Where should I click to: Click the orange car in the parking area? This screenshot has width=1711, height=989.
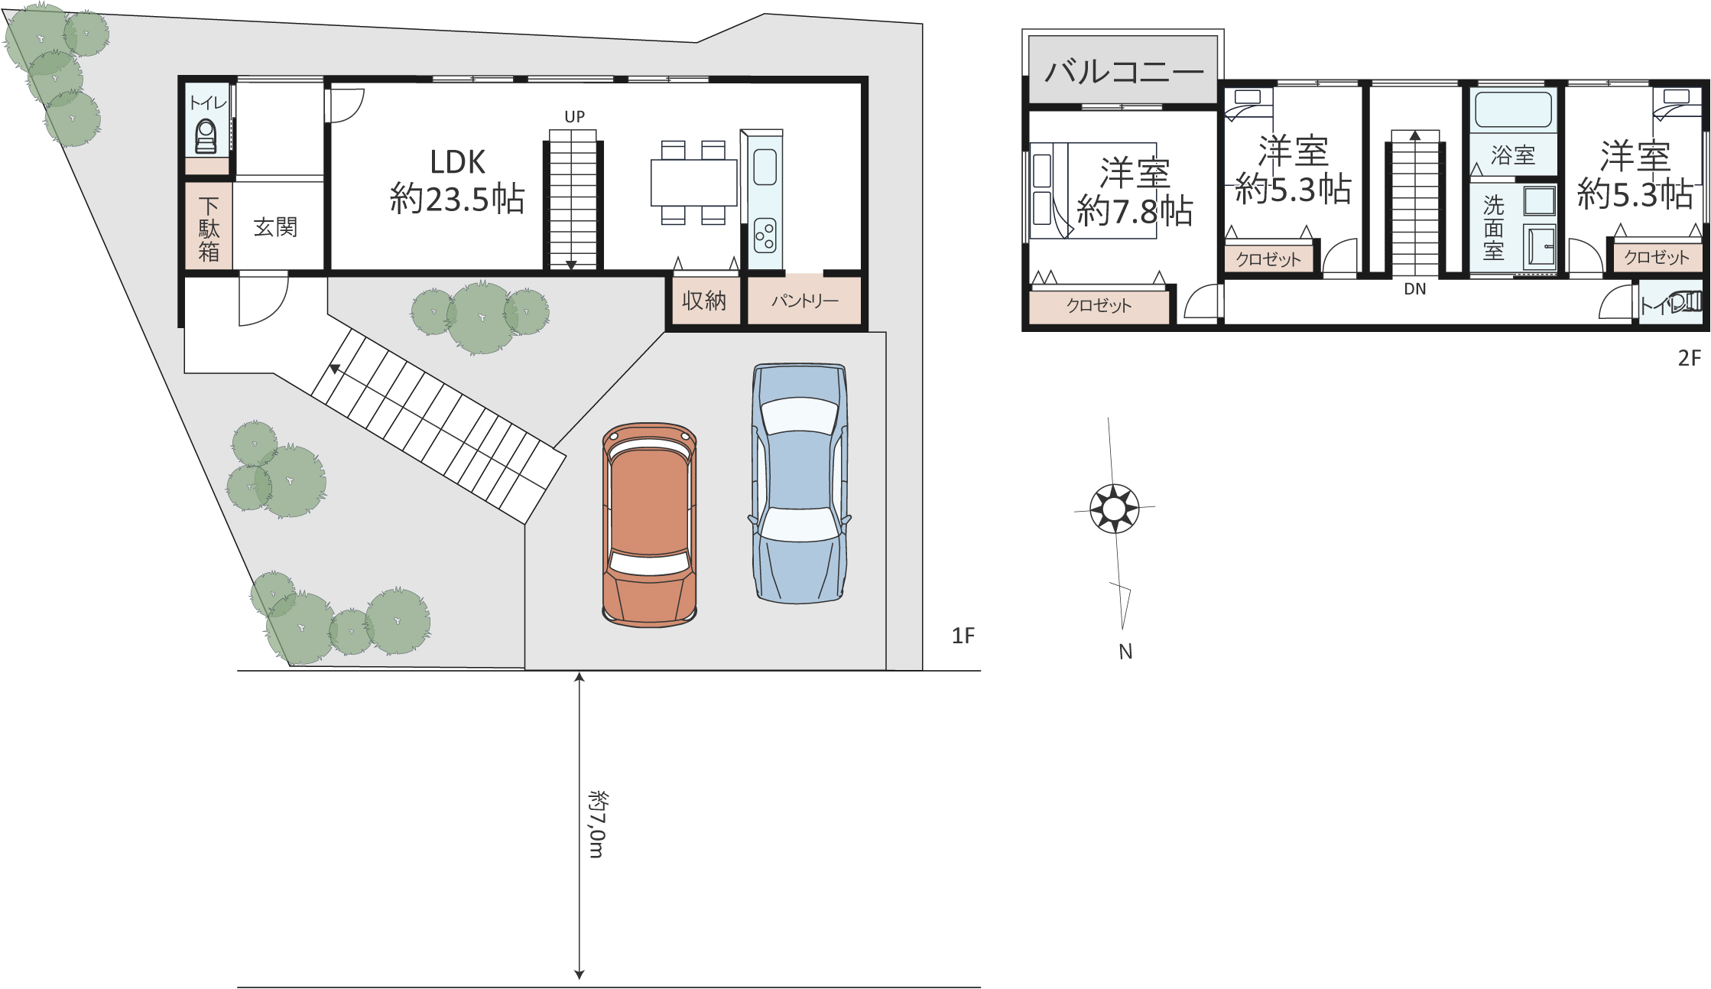coord(650,525)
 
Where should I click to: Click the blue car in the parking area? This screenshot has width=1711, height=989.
coord(800,483)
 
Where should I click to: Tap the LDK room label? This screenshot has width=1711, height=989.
coord(457,181)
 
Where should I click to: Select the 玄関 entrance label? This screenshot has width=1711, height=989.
coord(275,227)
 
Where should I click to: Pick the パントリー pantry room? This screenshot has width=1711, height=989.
coord(804,301)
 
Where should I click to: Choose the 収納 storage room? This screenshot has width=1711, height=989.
coord(704,301)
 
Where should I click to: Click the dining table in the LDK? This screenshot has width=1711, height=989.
coord(694,183)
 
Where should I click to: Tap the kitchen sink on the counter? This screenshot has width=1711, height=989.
coord(765,168)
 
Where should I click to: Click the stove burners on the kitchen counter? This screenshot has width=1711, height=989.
coord(765,236)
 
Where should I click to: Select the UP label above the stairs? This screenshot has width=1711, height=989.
coord(575,117)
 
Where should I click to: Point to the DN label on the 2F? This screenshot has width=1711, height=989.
coord(1415,289)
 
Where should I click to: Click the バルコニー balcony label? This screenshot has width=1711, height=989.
coord(1124,72)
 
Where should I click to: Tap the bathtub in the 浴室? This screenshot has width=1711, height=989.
coord(1513,109)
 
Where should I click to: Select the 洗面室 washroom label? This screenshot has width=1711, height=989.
coord(1493,228)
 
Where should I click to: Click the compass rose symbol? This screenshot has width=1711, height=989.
coord(1115,508)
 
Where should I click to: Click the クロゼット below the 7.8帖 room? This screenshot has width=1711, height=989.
coord(1099,306)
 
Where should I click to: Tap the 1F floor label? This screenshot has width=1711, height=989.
coord(963,636)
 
